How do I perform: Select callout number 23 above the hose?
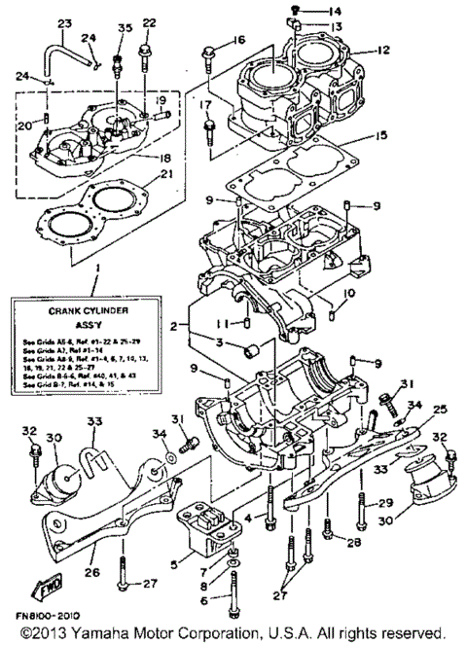(65, 23)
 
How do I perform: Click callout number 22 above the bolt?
(148, 23)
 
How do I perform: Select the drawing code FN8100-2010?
(47, 617)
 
